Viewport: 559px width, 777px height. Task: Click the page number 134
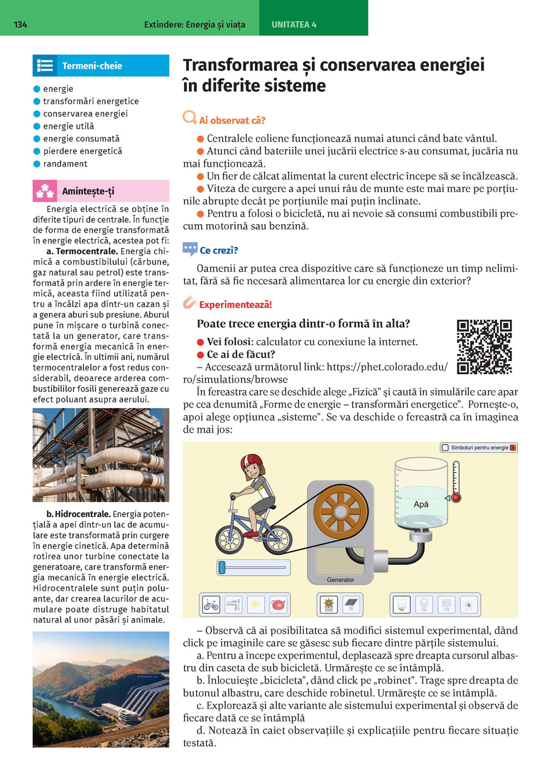coord(20,25)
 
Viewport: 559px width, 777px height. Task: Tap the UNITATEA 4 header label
coord(294,25)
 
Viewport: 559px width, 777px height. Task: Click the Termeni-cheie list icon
coord(45,66)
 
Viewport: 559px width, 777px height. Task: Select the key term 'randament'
coord(65,164)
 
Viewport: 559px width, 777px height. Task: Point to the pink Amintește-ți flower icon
coord(45,191)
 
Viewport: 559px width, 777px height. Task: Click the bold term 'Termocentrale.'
coord(86,252)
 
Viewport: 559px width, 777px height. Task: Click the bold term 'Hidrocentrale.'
coord(82,514)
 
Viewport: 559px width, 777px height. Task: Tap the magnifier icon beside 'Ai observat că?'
coord(189,117)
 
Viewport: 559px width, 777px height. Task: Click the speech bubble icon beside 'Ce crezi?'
coord(190,249)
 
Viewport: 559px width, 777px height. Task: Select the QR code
coord(484,347)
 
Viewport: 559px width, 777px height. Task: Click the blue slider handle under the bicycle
coord(222,567)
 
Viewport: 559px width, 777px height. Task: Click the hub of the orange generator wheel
coord(341,512)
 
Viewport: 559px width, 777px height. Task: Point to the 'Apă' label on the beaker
coord(421,504)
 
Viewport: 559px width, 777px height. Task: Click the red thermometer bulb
coord(456,498)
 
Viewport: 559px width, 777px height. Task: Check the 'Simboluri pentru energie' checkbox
coord(445,447)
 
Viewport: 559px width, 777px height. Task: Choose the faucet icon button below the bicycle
coord(233,605)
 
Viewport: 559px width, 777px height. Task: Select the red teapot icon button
coord(278,605)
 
